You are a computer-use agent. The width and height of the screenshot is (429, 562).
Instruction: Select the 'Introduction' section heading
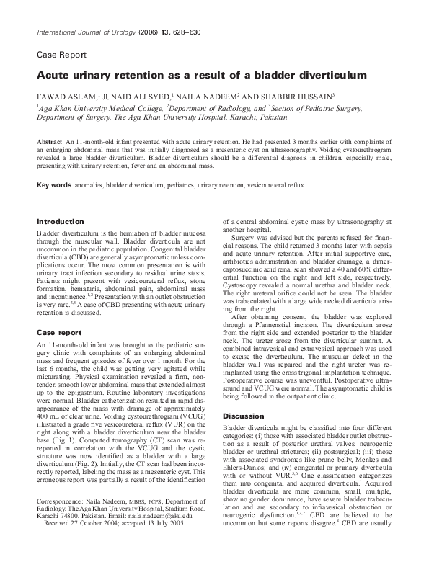tap(61, 221)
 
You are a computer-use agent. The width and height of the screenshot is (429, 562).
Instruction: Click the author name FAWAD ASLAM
tap(63, 94)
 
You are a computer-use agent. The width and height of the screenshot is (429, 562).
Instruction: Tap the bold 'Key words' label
tap(54, 185)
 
